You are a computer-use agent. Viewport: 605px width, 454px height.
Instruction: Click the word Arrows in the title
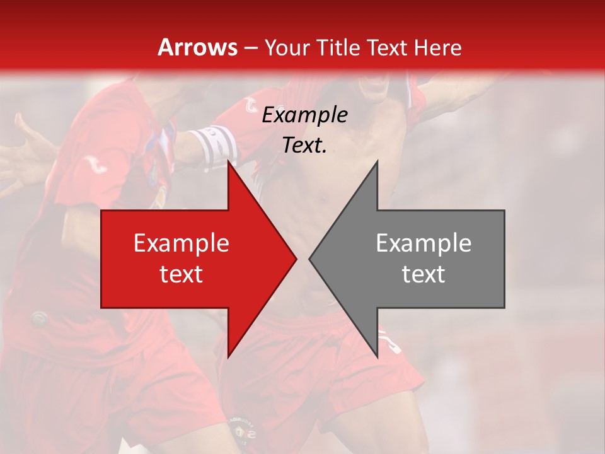[197, 47]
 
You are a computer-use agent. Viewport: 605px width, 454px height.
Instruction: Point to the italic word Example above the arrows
[304, 115]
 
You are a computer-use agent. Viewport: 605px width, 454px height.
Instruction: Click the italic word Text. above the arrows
[304, 145]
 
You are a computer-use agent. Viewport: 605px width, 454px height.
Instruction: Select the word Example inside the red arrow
[181, 243]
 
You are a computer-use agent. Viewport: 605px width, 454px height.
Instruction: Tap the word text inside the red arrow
[181, 274]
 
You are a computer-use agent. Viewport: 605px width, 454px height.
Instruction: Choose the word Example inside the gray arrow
[423, 243]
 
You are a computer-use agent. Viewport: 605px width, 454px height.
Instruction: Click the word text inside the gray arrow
[423, 274]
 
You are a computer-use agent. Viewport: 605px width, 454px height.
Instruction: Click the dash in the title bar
[250, 47]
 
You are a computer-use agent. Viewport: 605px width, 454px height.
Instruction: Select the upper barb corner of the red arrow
[228, 161]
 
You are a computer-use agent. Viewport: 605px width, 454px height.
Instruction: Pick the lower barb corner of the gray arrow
[377, 358]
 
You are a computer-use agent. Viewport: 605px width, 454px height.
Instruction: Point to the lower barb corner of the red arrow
[228, 358]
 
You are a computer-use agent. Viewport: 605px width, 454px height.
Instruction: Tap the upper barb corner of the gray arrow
[377, 161]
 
